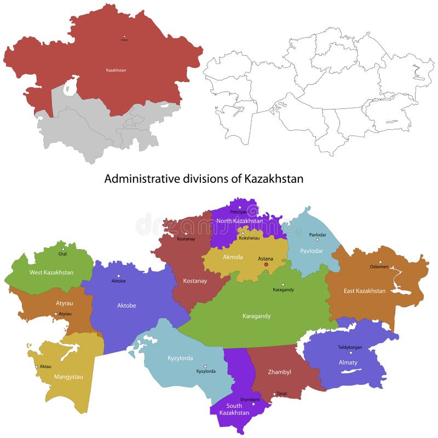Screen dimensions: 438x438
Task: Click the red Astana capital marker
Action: (266, 264)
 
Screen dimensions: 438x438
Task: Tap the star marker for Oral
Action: (63, 249)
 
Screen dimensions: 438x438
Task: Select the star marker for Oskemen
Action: (380, 262)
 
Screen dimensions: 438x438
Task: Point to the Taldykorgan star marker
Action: (351, 353)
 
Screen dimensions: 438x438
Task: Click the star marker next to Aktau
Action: (37, 366)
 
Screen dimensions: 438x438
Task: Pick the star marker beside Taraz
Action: (274, 394)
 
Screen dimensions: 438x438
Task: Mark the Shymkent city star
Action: (253, 405)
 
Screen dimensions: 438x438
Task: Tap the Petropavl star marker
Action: (239, 208)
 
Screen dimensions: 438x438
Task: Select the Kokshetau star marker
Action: (243, 233)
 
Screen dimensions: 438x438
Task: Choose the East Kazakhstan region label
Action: (365, 291)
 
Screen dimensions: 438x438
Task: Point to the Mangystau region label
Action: (68, 377)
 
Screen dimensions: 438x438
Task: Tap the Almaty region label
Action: (348, 362)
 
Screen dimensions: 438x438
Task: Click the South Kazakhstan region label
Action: (234, 409)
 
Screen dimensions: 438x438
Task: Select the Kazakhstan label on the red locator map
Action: (116, 70)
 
